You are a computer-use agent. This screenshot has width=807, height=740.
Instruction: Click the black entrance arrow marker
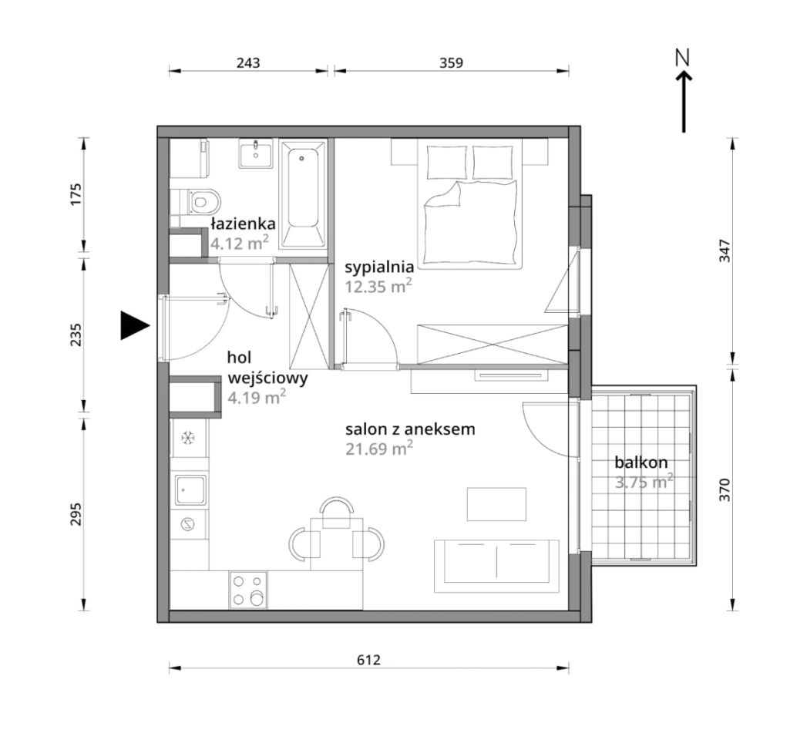pyautogui.click(x=134, y=325)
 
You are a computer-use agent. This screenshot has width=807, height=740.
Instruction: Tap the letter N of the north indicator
pyautogui.click(x=682, y=57)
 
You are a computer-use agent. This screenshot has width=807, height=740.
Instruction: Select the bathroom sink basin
pyautogui.click(x=255, y=153)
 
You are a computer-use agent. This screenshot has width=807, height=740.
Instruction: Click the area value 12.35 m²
pyautogui.click(x=378, y=286)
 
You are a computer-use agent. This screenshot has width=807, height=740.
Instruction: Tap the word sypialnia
pyautogui.click(x=379, y=267)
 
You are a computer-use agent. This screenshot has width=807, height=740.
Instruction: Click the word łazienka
pyautogui.click(x=243, y=224)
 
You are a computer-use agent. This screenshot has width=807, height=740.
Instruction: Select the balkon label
pyautogui.click(x=641, y=462)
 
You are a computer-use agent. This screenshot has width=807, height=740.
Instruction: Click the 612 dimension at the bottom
pyautogui.click(x=368, y=660)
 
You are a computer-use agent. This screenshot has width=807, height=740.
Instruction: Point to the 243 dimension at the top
pyautogui.click(x=248, y=62)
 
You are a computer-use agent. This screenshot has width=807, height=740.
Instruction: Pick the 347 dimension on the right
pyautogui.click(x=725, y=251)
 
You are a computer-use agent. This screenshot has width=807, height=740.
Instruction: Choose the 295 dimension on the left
pyautogui.click(x=76, y=513)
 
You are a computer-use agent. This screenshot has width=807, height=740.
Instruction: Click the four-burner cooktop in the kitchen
pyautogui.click(x=249, y=590)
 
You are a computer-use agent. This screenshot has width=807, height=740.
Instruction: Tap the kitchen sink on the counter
pyautogui.click(x=191, y=489)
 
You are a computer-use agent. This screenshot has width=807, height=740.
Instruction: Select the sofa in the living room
pyautogui.click(x=496, y=566)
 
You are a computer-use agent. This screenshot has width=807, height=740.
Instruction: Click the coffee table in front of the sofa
pyautogui.click(x=496, y=504)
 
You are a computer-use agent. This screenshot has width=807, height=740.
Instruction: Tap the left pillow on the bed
pyautogui.click(x=447, y=162)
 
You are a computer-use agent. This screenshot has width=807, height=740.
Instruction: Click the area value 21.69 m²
pyautogui.click(x=379, y=448)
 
